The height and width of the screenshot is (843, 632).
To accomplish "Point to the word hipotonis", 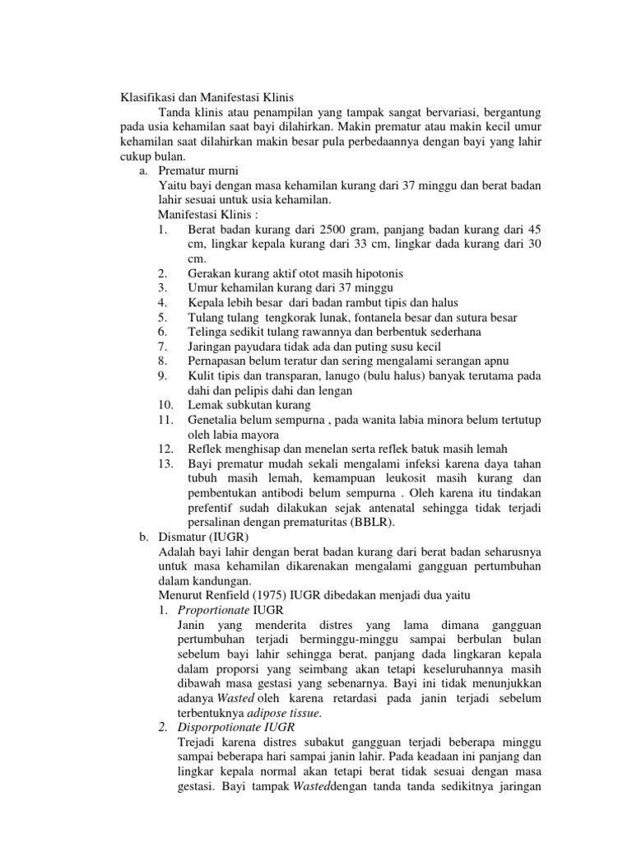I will point(374,272).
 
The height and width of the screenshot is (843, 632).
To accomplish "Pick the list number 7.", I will point(161,346).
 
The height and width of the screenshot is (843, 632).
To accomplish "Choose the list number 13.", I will point(165,463).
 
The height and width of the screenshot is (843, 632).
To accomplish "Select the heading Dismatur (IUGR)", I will point(204,537).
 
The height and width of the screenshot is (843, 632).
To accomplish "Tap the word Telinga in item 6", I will point(209,331).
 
